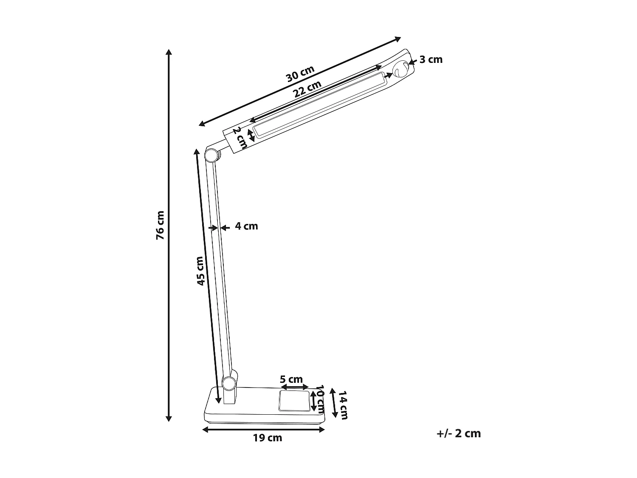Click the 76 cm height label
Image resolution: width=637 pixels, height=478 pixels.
(160, 226)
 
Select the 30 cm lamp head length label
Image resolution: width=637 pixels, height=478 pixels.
(300, 74)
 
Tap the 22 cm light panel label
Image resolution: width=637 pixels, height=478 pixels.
(307, 90)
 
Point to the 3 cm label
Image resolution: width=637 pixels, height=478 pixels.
(431, 59)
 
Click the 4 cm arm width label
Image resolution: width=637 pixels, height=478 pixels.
(246, 226)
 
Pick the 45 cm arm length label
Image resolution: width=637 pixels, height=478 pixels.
(200, 271)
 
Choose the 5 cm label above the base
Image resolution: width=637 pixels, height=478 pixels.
(291, 379)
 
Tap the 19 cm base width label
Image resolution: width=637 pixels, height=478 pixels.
(268, 438)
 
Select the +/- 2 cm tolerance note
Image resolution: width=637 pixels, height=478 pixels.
(459, 433)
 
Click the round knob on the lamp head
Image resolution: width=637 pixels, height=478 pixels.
(400, 70)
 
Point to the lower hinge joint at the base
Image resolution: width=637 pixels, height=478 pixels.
(229, 383)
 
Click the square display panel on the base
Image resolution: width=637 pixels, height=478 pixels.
(294, 401)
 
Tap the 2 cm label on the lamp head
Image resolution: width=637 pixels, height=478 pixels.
(239, 137)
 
